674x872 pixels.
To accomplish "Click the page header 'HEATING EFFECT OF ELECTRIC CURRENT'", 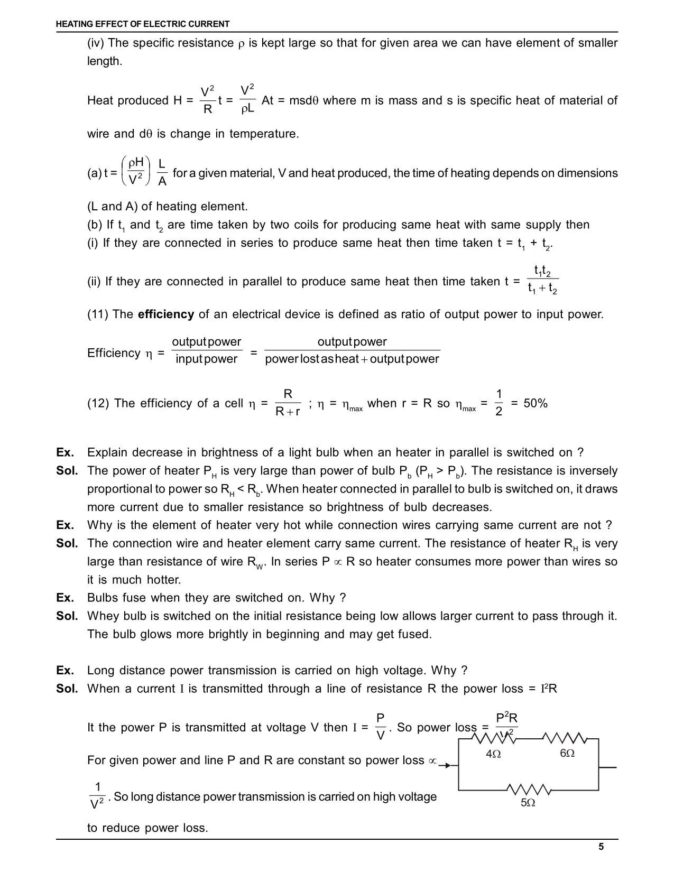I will coord(143,24).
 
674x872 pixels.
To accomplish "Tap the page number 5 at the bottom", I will coord(601,847).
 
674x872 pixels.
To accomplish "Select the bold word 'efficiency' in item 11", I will coord(166,314).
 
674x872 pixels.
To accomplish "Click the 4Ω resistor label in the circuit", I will coord(493,754).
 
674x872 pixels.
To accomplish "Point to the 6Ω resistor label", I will coord(567,753).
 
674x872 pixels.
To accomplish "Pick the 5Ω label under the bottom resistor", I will coord(528,803).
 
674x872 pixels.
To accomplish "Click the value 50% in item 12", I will coord(535,403).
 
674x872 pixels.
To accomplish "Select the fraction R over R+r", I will coord(288,403).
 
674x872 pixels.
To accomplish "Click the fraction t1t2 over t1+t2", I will coord(543,280).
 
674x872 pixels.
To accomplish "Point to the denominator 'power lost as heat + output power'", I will coord(352,359).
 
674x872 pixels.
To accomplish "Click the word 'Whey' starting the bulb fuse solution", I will coord(103,616).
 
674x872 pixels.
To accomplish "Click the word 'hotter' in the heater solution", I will coord(163,580).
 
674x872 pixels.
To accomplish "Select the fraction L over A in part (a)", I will coord(162,173).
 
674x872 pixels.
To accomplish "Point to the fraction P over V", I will coord(380,727).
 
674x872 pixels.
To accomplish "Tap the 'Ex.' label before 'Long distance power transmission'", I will coord(65,671).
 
